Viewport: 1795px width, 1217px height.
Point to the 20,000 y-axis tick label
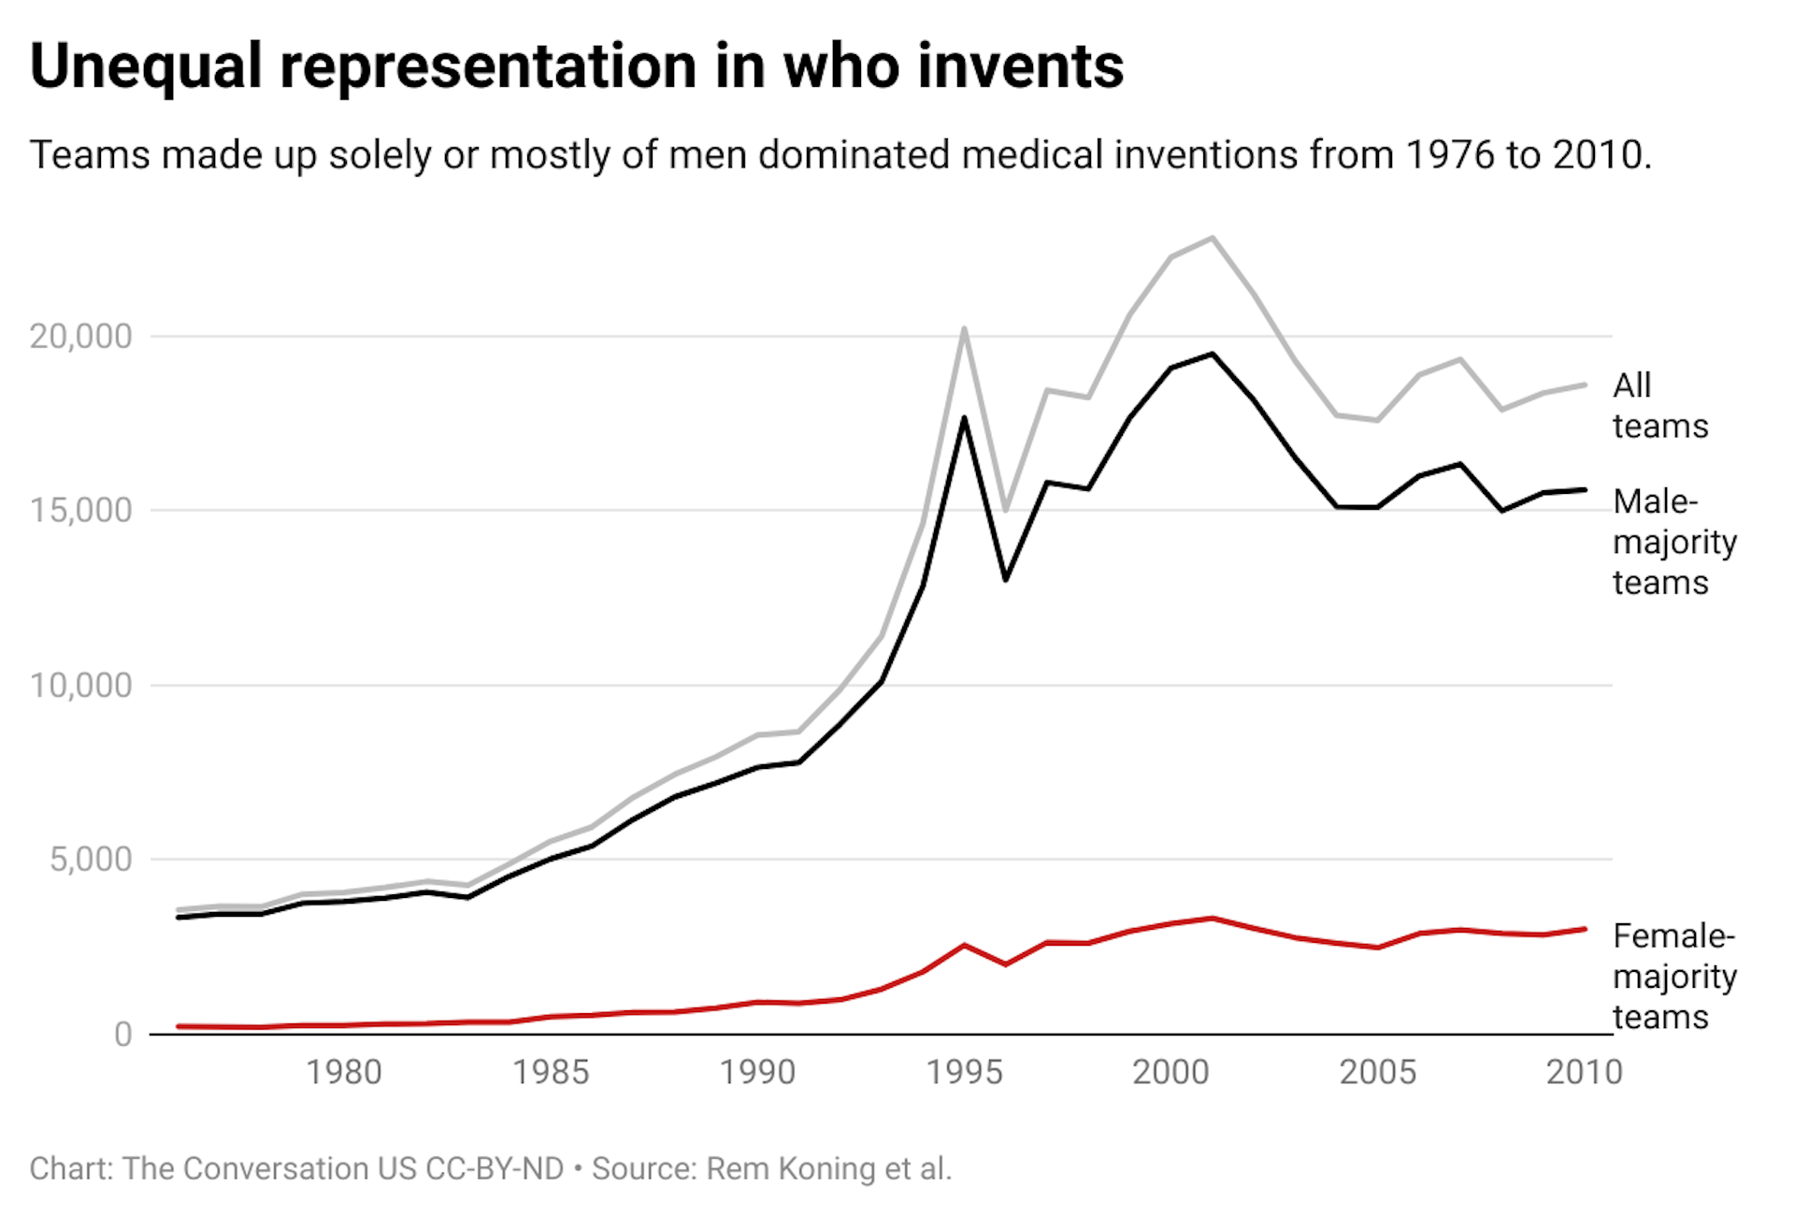[80, 336]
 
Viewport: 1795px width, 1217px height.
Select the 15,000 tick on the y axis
[80, 511]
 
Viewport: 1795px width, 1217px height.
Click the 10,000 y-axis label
[80, 686]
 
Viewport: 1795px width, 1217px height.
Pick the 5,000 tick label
[91, 860]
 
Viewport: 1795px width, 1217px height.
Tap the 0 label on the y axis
[122, 1035]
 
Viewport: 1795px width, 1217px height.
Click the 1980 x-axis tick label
[344, 1072]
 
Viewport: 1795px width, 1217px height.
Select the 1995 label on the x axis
[964, 1072]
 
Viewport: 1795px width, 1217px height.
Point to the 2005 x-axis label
[1377, 1072]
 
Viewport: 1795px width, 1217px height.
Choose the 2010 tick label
[1584, 1072]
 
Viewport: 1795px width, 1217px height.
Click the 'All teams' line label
[1659, 406]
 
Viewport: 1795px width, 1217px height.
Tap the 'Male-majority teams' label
[1673, 543]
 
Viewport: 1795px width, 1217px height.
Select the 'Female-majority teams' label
[1673, 977]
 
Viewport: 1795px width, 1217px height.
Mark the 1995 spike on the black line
[964, 418]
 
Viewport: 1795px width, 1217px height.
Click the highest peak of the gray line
[1213, 238]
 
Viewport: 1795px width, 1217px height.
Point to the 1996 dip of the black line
[1006, 580]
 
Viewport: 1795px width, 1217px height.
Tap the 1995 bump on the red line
[964, 946]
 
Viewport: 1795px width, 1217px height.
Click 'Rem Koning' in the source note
[793, 1169]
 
